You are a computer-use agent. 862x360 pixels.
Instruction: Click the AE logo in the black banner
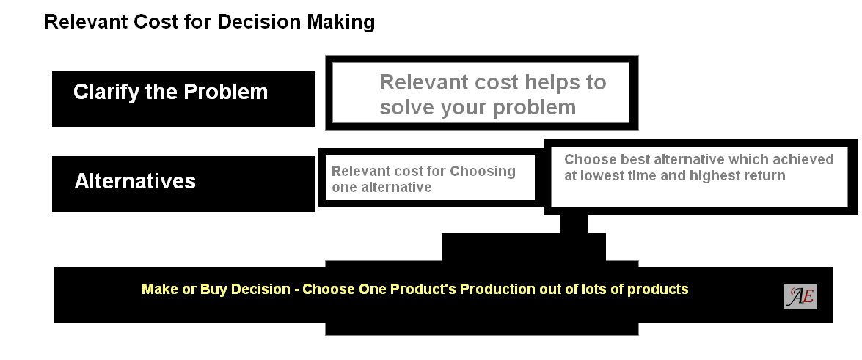800,296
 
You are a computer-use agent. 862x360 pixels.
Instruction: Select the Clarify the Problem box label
170,92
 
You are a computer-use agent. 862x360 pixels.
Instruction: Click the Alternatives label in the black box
135,181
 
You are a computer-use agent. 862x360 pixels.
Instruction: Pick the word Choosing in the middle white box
483,172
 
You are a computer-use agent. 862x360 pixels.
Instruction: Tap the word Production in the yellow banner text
498,290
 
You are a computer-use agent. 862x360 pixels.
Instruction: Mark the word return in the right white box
765,176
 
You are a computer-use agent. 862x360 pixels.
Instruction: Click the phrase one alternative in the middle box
381,188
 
